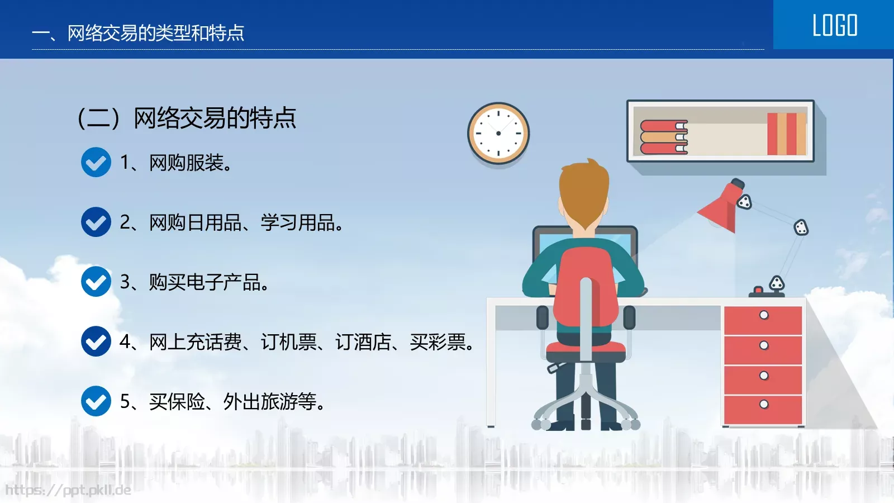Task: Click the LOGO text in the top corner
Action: point(834,26)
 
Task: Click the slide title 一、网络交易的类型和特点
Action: point(139,33)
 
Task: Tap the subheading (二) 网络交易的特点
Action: point(187,118)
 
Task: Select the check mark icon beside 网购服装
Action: point(96,162)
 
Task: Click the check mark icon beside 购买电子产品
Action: point(96,281)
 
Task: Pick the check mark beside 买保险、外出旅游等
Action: point(96,401)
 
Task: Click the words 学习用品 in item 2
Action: point(297,222)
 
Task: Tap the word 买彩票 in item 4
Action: point(438,341)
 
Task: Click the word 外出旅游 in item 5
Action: point(260,401)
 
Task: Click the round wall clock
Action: point(498,133)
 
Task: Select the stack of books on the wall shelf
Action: point(663,137)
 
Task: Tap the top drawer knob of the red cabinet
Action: point(764,315)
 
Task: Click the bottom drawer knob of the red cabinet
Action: point(764,404)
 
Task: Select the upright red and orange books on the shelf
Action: point(786,134)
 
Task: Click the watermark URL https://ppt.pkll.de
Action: point(68,490)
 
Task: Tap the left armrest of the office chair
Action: point(542,317)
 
